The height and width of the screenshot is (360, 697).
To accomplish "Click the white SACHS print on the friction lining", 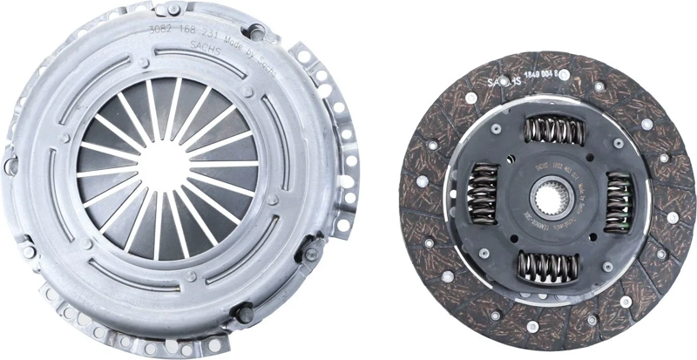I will (504, 81).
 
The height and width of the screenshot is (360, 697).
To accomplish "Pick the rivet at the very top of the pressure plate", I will (174, 9).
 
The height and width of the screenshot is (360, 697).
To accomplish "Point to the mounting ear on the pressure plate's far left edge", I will (10, 161).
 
